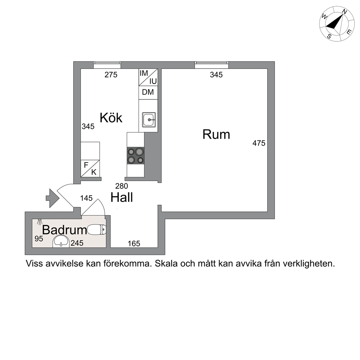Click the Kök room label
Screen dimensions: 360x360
click(111, 118)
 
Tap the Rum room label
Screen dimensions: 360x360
click(216, 135)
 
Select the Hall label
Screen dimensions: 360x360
click(122, 197)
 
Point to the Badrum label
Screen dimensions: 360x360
click(65, 230)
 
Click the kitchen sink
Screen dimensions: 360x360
click(149, 119)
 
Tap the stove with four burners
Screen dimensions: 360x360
click(135, 156)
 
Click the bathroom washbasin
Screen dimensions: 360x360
click(61, 241)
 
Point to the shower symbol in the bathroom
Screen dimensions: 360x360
click(40, 222)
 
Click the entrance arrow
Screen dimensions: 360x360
click(53, 198)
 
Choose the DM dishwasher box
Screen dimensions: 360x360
click(148, 93)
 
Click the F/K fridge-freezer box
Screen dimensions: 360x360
click(90, 168)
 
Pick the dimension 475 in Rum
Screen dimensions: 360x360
click(259, 143)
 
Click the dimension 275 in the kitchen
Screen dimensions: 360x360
click(111, 75)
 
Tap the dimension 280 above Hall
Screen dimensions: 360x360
click(122, 186)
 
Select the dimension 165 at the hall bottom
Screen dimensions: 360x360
click(134, 244)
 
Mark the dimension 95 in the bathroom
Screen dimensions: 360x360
click(39, 239)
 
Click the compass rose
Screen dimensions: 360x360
click(336, 24)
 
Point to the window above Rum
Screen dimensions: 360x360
click(212, 65)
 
